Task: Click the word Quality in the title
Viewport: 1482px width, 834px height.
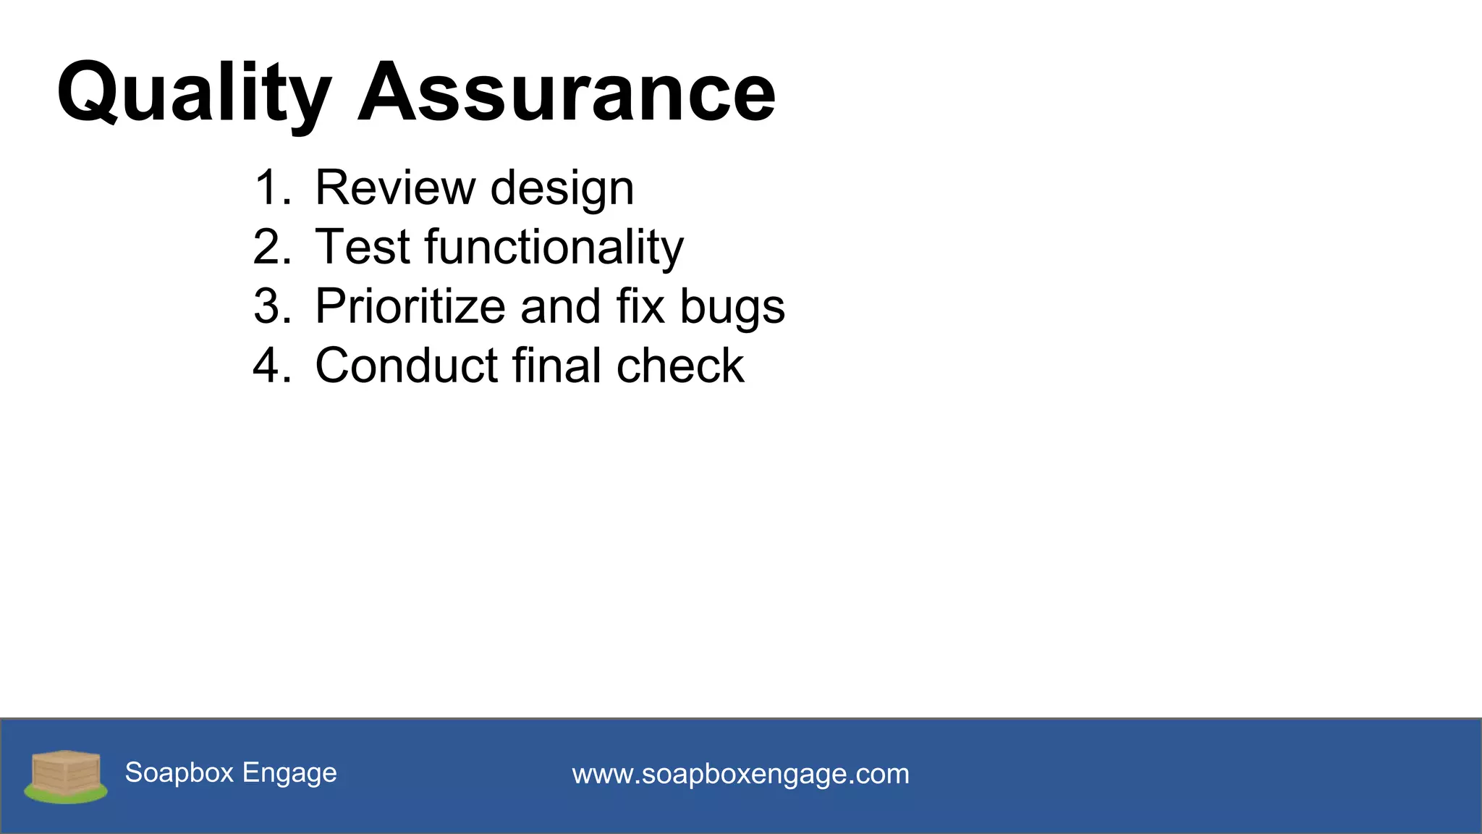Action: [194, 93]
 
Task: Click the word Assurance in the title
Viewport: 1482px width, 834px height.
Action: [567, 93]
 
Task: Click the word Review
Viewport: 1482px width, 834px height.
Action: [395, 188]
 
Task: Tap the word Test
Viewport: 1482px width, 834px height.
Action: [363, 247]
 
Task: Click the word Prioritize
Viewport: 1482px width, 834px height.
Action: [410, 306]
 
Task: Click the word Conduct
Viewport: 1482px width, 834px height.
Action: [407, 366]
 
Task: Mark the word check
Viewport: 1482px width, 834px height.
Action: [679, 366]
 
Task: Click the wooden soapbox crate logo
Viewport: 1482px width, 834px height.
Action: [66, 776]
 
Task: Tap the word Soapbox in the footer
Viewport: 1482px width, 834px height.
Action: [179, 772]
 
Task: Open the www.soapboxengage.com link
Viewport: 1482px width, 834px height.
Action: [740, 774]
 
